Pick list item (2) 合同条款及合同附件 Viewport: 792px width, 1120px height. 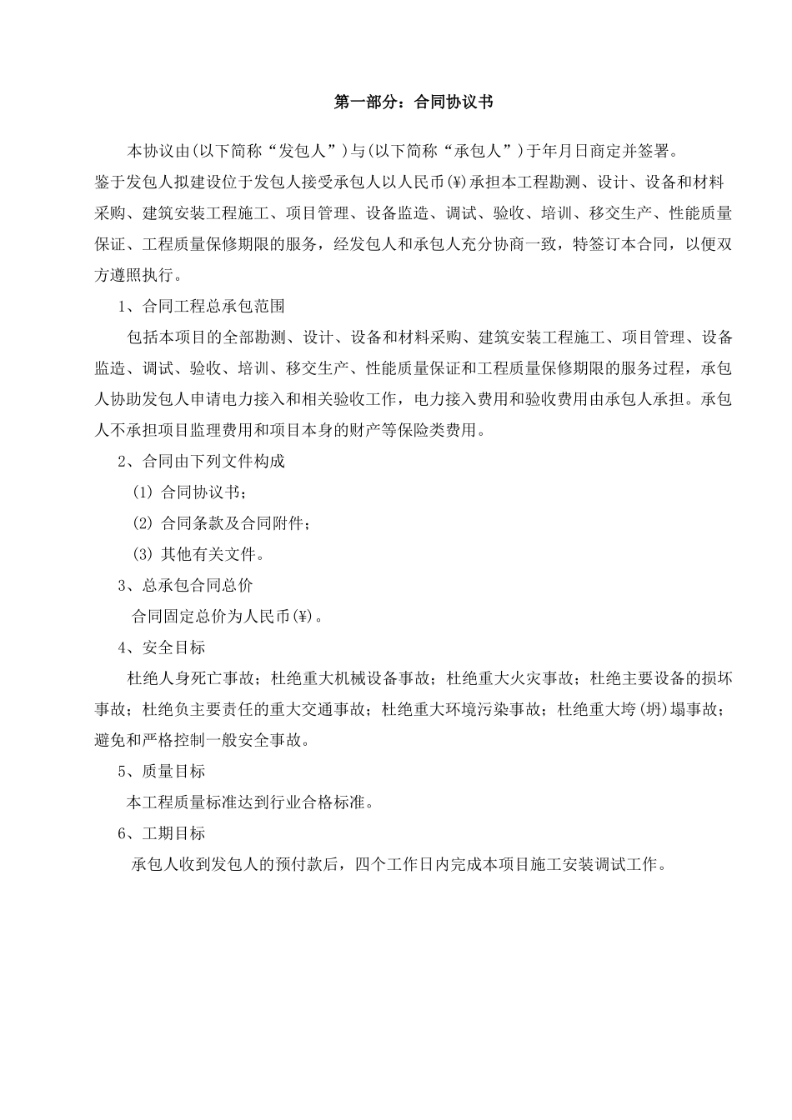pos(222,523)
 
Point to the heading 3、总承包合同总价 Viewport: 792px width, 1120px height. pos(186,585)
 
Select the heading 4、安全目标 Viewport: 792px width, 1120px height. pos(162,647)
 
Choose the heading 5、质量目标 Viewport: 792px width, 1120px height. pos(162,771)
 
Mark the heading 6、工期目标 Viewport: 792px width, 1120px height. pos(162,833)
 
